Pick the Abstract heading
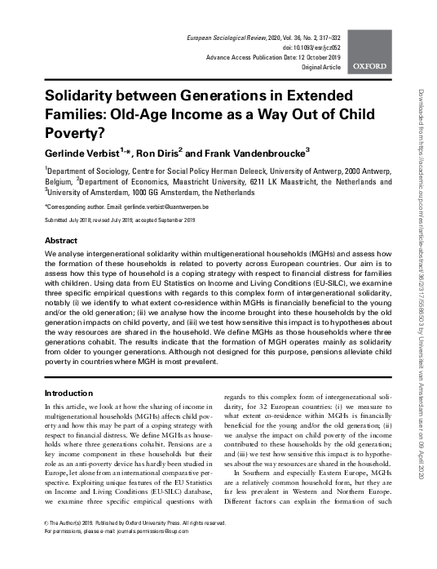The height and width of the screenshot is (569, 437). click(x=61, y=242)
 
